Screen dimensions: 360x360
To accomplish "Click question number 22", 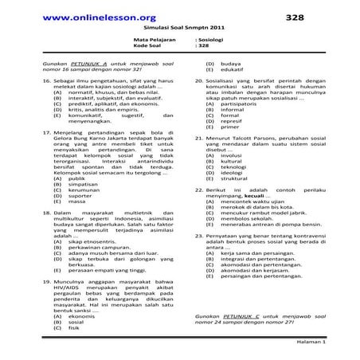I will tap(199, 190).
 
